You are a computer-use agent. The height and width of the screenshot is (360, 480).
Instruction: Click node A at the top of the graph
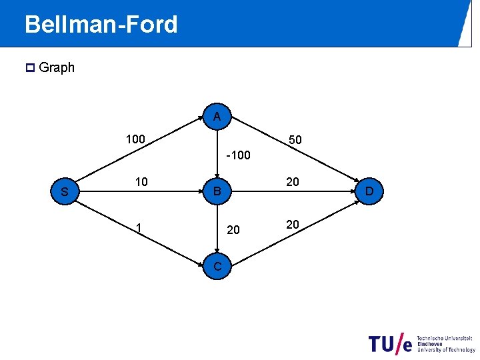217,117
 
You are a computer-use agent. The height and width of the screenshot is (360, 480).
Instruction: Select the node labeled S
65,193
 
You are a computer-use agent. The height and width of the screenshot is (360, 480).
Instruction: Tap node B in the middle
217,193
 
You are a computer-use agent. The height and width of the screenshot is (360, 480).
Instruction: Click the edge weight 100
136,139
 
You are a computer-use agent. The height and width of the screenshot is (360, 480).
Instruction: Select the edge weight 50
295,140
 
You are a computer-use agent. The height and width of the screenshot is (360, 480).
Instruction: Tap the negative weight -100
238,155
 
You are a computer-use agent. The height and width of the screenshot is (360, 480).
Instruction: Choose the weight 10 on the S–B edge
141,182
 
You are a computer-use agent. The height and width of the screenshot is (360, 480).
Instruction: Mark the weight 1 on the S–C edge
137,227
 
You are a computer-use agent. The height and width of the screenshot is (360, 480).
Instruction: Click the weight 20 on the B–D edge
292,182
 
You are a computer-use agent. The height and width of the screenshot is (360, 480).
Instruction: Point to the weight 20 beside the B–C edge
233,230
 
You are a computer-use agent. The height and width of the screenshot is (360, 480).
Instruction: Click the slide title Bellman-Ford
101,25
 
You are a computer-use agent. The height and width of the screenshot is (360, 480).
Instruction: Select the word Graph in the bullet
57,67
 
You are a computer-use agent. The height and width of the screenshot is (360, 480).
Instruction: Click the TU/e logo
422,343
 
